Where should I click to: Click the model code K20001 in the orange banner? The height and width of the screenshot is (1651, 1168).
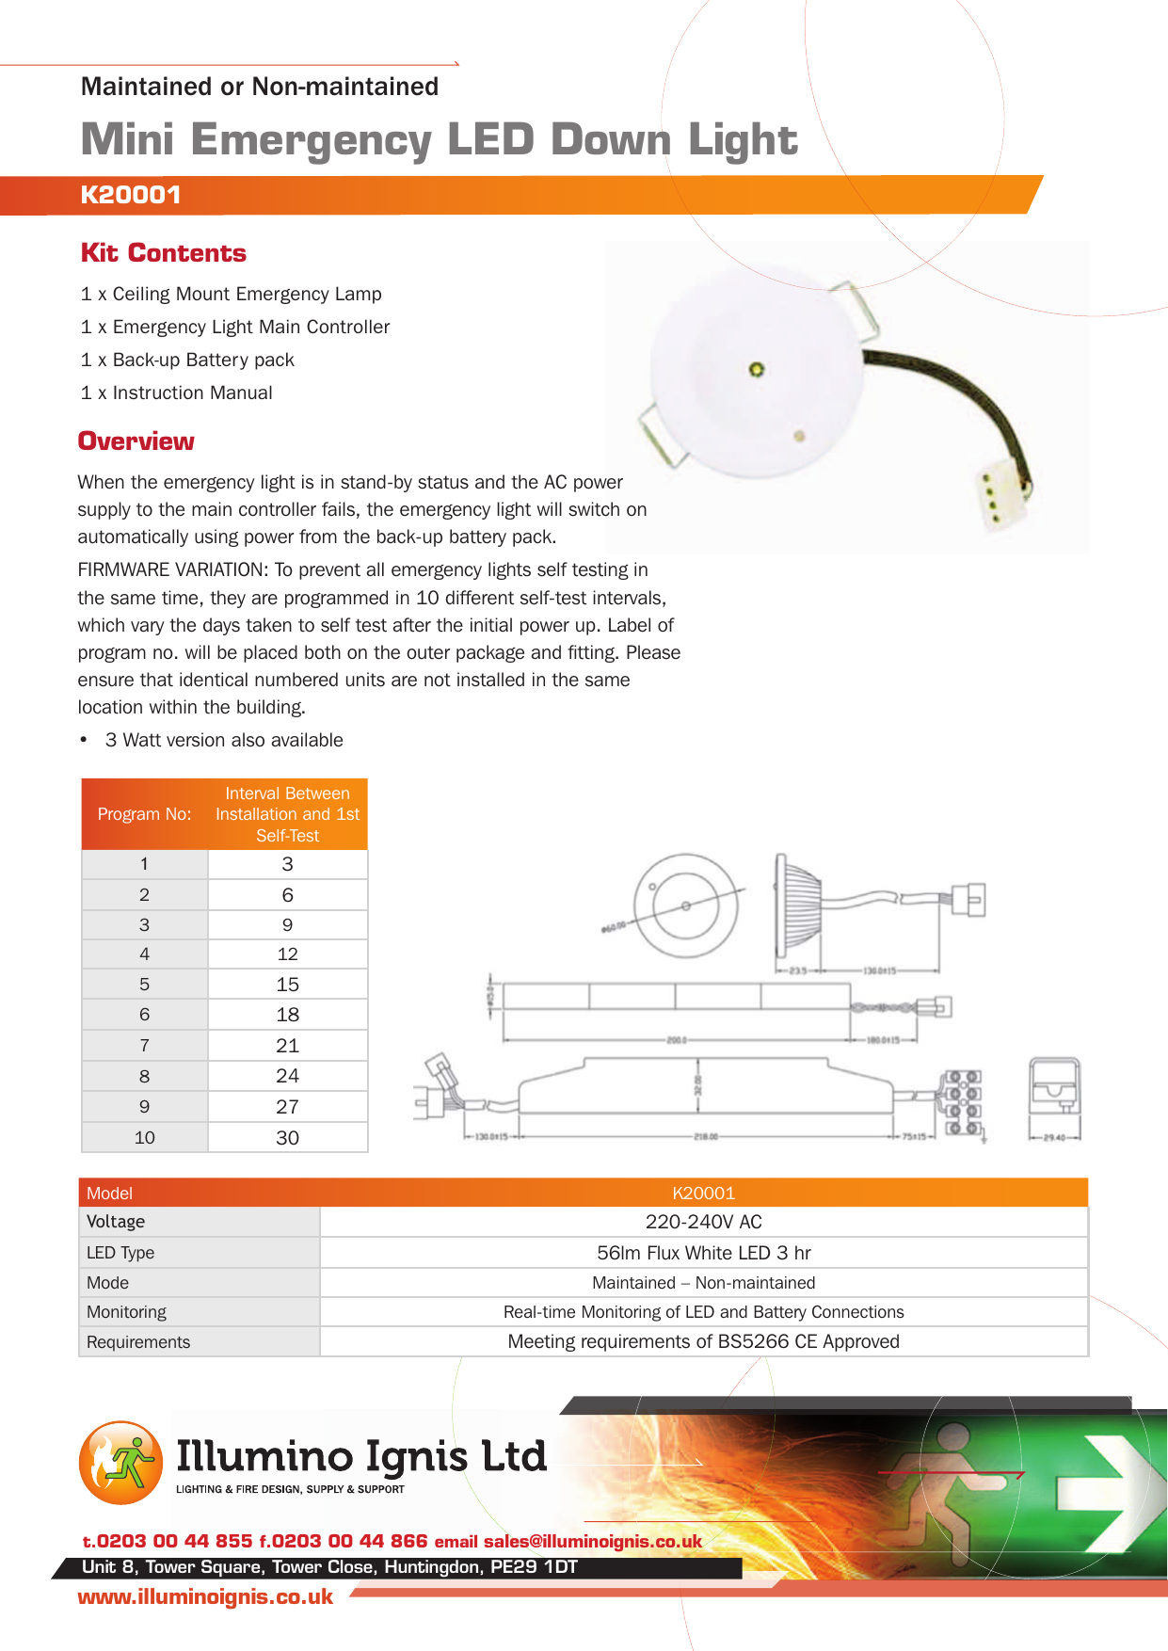tap(131, 195)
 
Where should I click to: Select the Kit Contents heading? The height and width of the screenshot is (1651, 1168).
tap(163, 253)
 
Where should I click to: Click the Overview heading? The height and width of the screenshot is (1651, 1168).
tap(136, 441)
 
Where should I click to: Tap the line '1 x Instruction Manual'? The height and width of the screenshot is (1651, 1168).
tap(176, 393)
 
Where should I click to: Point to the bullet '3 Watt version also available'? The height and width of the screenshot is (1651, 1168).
tap(223, 741)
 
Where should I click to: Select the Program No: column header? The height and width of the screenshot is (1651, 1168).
tap(144, 814)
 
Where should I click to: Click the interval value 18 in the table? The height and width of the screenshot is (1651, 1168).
tap(287, 1015)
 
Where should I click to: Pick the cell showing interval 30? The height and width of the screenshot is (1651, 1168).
tap(287, 1138)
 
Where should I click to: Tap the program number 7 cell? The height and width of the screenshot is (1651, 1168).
tap(144, 1046)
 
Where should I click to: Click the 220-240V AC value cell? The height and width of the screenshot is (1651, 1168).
tap(703, 1222)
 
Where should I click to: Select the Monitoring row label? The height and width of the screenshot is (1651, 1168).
tap(126, 1312)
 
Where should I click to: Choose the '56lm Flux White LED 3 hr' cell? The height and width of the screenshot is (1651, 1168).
tap(703, 1253)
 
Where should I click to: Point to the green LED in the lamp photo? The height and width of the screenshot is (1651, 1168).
tap(756, 369)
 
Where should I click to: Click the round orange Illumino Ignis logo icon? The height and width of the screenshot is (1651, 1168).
tap(120, 1462)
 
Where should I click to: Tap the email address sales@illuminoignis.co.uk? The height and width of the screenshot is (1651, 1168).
tap(592, 1542)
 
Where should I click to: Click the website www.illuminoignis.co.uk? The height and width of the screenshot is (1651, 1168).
tap(205, 1597)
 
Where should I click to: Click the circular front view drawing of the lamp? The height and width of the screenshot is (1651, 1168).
tap(685, 906)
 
